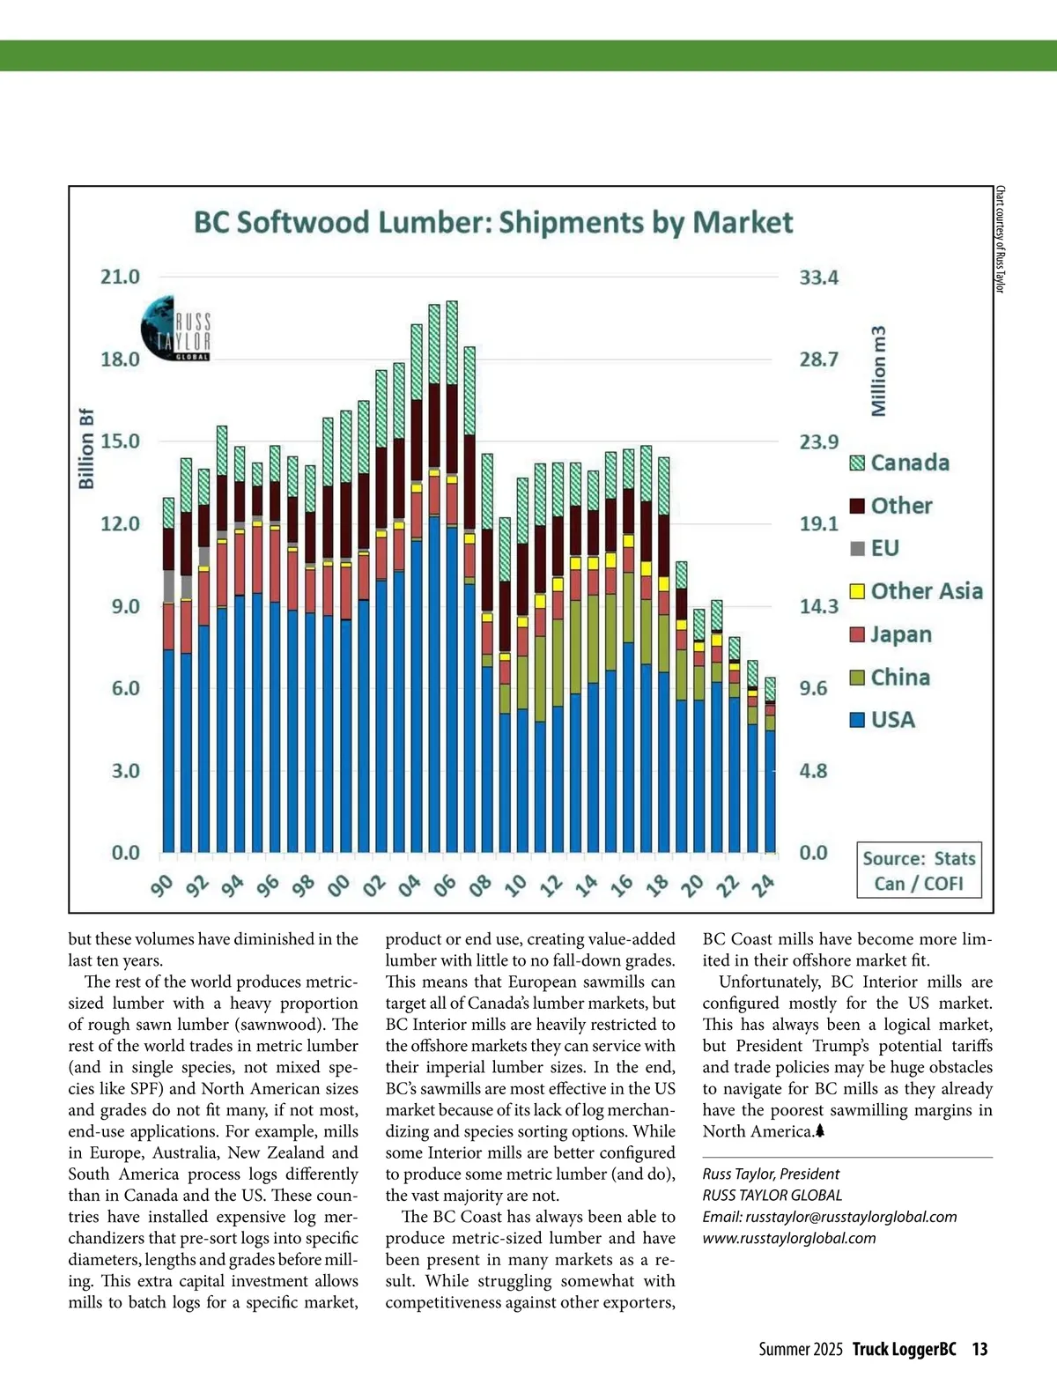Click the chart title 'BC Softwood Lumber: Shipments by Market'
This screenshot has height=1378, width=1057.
pyautogui.click(x=493, y=222)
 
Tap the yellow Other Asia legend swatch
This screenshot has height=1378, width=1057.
pyautogui.click(x=857, y=591)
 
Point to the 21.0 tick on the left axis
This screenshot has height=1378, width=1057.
pyautogui.click(x=120, y=277)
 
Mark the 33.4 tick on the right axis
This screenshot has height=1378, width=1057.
pyautogui.click(x=818, y=278)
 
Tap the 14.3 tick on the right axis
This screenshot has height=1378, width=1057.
pyautogui.click(x=818, y=606)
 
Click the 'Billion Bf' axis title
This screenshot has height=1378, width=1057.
pyautogui.click(x=86, y=448)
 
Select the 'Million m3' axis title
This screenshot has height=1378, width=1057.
pyautogui.click(x=879, y=371)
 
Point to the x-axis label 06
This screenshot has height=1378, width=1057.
pyautogui.click(x=445, y=885)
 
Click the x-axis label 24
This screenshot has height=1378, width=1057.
pyautogui.click(x=763, y=885)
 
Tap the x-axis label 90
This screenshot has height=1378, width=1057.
pyautogui.click(x=162, y=885)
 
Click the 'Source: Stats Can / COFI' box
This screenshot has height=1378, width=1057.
pyautogui.click(x=919, y=871)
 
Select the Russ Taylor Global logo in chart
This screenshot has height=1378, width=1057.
pyautogui.click(x=176, y=330)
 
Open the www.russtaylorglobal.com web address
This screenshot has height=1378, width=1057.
pyautogui.click(x=789, y=1238)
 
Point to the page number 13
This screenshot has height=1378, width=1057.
pyautogui.click(x=979, y=1349)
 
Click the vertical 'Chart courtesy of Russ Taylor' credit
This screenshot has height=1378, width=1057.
pyautogui.click(x=1000, y=240)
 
